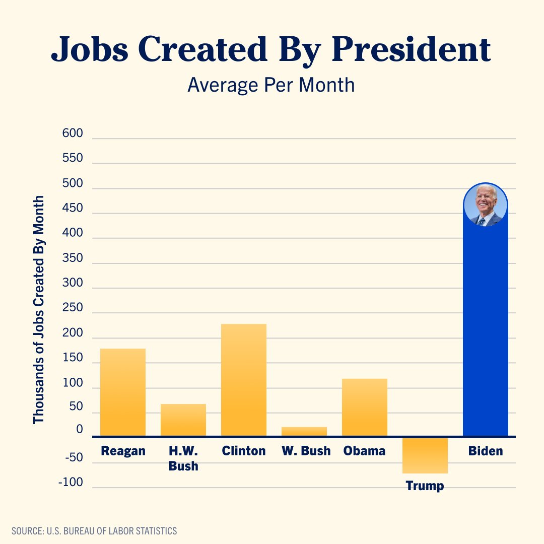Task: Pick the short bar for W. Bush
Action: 304,431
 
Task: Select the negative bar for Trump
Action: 425,455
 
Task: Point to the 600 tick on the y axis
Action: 72,133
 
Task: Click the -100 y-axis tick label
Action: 70,482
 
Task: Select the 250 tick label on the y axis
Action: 72,308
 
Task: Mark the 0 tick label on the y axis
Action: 80,430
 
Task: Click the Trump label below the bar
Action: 425,486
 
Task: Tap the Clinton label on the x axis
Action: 244,450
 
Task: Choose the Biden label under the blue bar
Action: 486,450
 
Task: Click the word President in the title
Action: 411,50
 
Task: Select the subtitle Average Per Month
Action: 271,85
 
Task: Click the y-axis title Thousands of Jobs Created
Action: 39,309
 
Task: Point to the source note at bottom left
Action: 94,531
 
